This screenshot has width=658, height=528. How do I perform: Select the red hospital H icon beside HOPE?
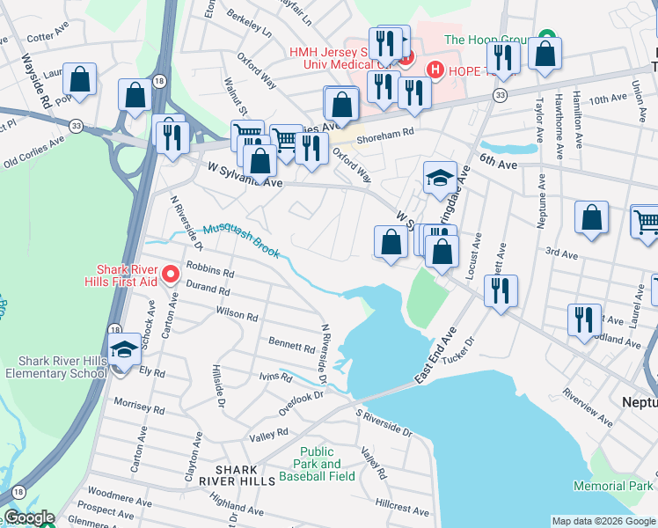(x=434, y=69)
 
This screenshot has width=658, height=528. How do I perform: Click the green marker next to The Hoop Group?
(x=546, y=39)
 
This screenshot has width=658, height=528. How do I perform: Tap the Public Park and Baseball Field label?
(x=317, y=464)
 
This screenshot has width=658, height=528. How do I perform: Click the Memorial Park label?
(x=613, y=486)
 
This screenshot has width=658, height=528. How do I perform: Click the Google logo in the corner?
(x=28, y=517)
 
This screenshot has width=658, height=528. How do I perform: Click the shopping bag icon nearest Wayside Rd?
(x=80, y=78)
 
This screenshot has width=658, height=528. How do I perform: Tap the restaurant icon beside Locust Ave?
(x=501, y=290)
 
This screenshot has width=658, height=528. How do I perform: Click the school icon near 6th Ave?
(x=440, y=179)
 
